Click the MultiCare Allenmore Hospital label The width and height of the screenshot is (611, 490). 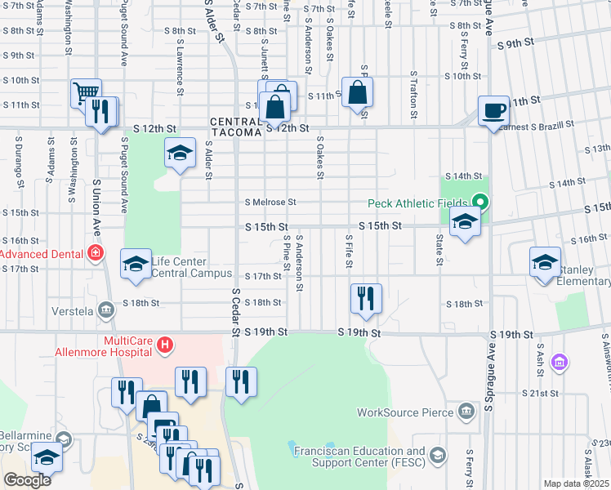click(127, 345)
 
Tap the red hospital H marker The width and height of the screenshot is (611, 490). click(165, 346)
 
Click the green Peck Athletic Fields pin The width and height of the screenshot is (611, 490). click(481, 202)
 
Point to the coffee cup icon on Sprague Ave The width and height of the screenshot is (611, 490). click(494, 110)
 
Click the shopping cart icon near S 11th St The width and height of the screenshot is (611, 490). click(85, 94)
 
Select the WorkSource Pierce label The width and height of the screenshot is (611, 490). click(405, 412)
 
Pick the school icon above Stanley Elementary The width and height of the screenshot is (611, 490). click(545, 262)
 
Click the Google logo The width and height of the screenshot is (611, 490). click(27, 481)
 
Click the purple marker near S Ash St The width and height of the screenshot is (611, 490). click(560, 361)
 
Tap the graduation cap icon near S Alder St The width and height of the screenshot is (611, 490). click(180, 153)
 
